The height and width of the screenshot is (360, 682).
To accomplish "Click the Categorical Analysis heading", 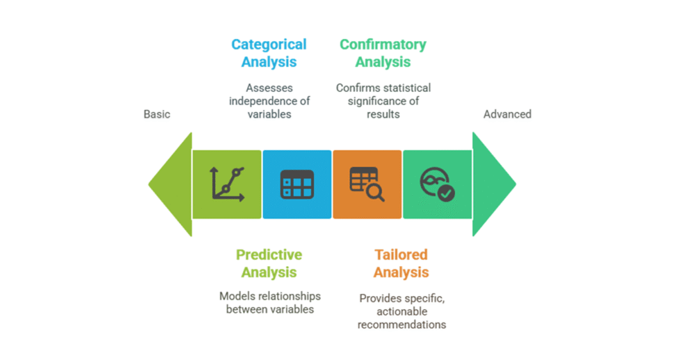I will click(269, 54).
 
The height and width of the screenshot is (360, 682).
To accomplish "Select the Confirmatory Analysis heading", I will click(383, 54).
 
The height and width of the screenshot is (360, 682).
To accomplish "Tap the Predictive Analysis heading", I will click(269, 264).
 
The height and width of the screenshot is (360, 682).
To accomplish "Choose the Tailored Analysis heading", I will click(401, 264).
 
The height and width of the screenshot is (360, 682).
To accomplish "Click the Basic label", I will click(157, 114).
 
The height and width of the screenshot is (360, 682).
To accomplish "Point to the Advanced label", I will click(507, 114).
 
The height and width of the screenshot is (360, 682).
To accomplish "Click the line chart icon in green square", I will click(227, 185).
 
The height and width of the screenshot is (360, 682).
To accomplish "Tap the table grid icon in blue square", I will click(297, 185).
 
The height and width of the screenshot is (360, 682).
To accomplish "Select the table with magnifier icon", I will click(367, 185).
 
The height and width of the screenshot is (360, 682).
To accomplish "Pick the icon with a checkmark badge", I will click(437, 185).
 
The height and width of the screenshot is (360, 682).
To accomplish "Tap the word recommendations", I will click(402, 324).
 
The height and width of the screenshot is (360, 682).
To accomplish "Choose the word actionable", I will click(402, 311).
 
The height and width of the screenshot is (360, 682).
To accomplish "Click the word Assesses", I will click(269, 88).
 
